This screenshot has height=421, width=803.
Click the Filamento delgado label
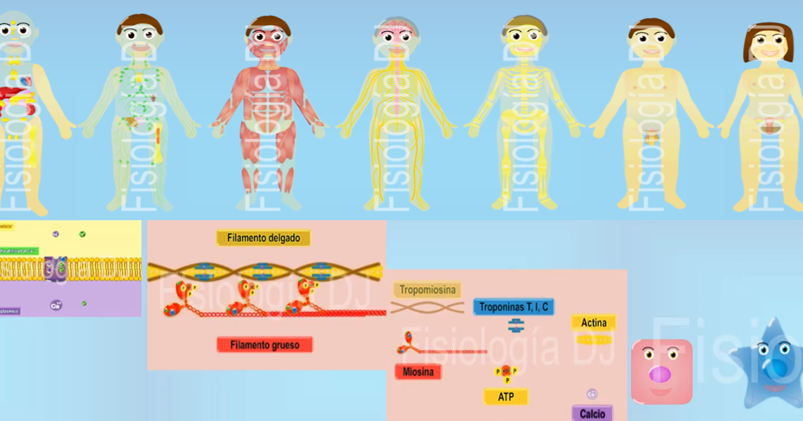pos(263,238)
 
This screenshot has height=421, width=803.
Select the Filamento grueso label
pos(265,345)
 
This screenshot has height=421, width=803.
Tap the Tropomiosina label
pos(427,289)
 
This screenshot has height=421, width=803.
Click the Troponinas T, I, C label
pos(514,307)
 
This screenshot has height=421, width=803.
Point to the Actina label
pos(594,323)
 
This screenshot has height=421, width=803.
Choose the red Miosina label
pos(418,372)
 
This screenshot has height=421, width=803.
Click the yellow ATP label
pos(506,397)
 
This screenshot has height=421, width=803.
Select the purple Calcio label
pos(592,414)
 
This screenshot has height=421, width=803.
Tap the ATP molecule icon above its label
pos(506,373)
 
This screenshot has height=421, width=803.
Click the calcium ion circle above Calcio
pos(592,394)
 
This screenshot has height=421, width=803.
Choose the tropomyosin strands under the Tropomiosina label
pos(427,307)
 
